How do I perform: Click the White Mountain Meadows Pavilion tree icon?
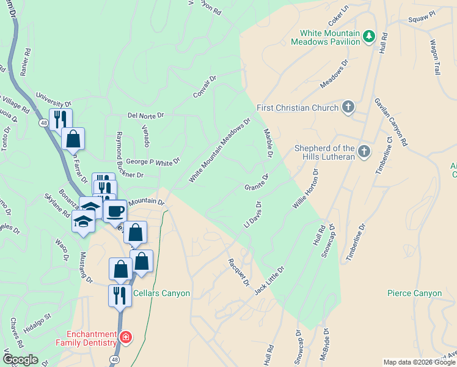368,37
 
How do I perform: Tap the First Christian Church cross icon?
348,108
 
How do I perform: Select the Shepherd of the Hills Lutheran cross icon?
364,151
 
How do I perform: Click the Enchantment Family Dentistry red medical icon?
125,337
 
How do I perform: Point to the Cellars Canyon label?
161,294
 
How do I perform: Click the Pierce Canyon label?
414,294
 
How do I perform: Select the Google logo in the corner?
20,360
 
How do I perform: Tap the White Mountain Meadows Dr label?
220,150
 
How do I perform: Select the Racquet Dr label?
239,272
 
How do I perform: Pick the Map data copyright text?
419,362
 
